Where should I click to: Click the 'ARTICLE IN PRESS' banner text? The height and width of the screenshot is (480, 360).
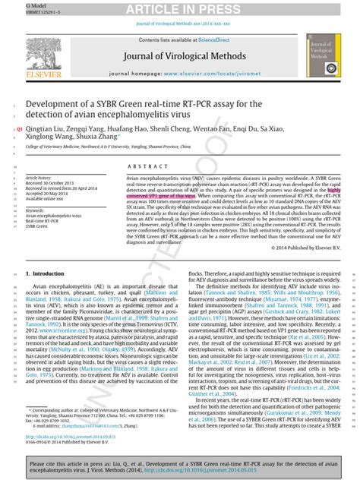179,8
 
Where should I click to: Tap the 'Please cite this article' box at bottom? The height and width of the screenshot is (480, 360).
179,466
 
